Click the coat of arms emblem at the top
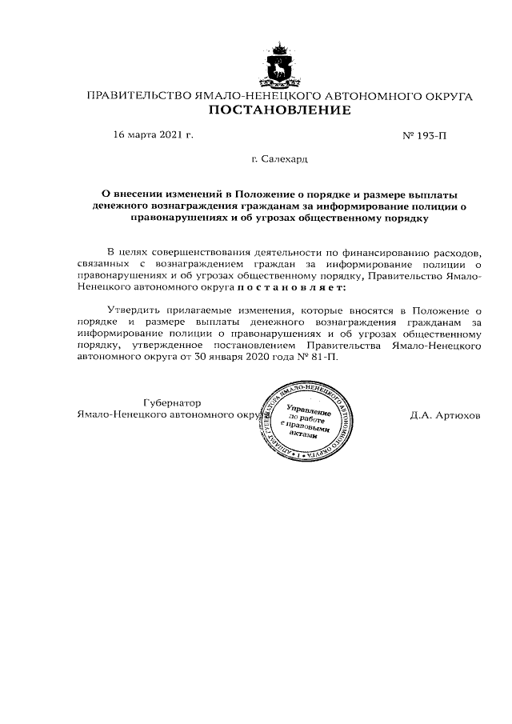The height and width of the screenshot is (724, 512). (x=280, y=66)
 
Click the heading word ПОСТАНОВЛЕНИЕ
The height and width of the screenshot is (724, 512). (x=279, y=110)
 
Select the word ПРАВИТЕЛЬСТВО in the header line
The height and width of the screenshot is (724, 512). (x=138, y=96)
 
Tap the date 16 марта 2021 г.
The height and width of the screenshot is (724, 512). (x=154, y=135)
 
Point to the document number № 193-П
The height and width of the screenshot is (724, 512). (x=424, y=136)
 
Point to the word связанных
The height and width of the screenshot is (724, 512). (x=104, y=262)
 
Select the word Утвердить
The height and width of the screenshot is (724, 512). (x=132, y=309)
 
